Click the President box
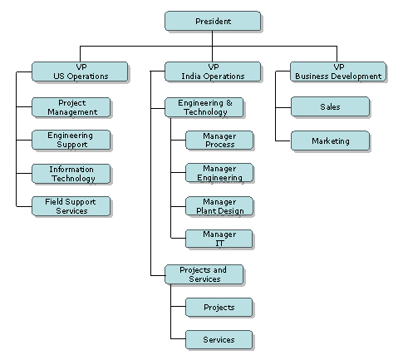[x=213, y=21]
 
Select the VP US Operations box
[x=80, y=72]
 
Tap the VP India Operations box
[x=213, y=72]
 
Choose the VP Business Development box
[x=338, y=72]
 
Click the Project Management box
[x=71, y=107]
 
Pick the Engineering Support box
[x=71, y=140]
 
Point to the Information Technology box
[x=71, y=174]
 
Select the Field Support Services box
[x=71, y=206]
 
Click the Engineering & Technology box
[x=204, y=107]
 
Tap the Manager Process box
[x=219, y=141]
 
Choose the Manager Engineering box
[x=219, y=173]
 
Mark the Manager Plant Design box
[x=219, y=206]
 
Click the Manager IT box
[x=219, y=239]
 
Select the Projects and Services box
[x=204, y=274]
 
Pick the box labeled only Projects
[x=219, y=308]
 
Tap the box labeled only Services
[x=219, y=339]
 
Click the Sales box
[x=330, y=106]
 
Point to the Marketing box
[x=330, y=141]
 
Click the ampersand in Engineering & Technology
[x=229, y=103]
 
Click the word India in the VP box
[x=191, y=76]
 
